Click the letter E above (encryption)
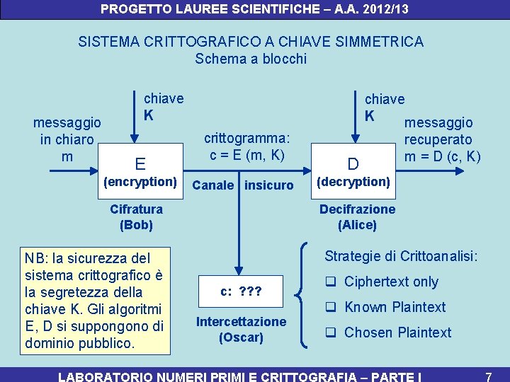click(140, 165)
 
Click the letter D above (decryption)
click(353, 165)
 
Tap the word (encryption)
click(140, 182)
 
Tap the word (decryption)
click(353, 182)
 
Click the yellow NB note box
click(95, 299)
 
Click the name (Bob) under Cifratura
click(136, 226)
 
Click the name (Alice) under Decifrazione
click(357, 226)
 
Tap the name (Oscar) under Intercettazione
click(241, 337)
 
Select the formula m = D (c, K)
click(442, 156)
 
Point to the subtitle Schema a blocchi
click(251, 59)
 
